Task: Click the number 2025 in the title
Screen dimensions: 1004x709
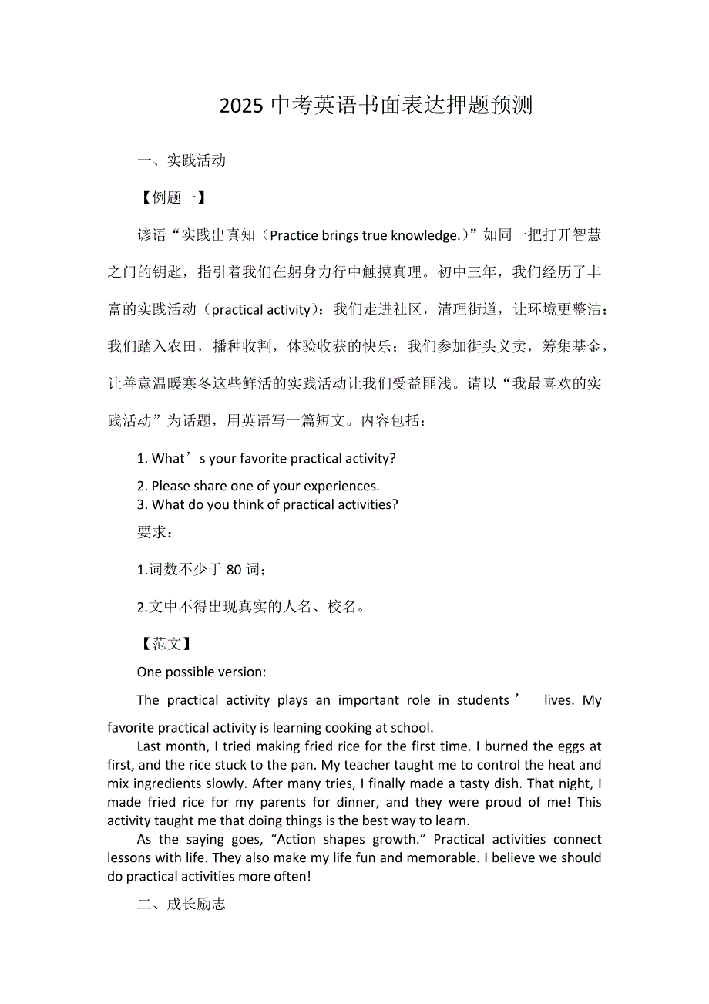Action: tap(241, 106)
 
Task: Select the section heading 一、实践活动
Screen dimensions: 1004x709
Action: tap(181, 160)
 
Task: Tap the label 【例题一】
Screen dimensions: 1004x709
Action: tap(173, 197)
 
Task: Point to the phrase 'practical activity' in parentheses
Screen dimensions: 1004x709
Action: tap(260, 310)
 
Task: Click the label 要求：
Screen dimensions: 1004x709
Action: tap(156, 533)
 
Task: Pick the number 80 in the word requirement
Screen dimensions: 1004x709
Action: tap(234, 570)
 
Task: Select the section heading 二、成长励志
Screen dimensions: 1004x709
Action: tap(181, 904)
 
